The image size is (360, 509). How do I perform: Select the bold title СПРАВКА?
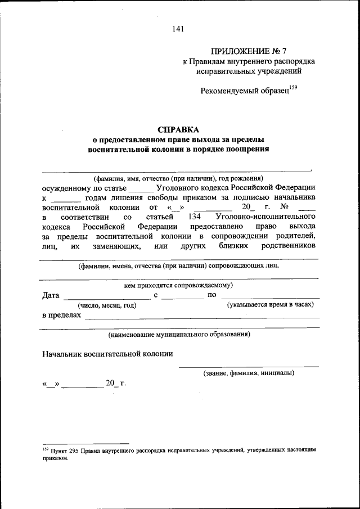pyautogui.click(x=179, y=129)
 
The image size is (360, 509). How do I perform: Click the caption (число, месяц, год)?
pyautogui.click(x=107, y=305)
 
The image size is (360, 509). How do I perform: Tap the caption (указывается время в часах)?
pyautogui.click(x=270, y=304)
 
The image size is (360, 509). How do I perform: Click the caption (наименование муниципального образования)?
pyautogui.click(x=179, y=334)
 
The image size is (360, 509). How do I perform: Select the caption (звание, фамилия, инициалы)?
pyautogui.click(x=248, y=373)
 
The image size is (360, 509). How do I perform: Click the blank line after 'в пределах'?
pyautogui.click(x=201, y=317)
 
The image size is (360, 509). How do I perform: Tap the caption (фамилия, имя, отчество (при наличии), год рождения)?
pyautogui.click(x=178, y=177)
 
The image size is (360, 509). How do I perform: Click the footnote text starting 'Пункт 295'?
pyautogui.click(x=186, y=451)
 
